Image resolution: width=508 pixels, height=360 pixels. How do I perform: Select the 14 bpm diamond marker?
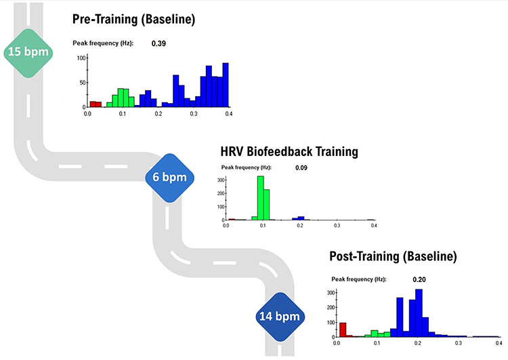[280, 315]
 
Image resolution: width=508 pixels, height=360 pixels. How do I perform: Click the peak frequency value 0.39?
[159, 43]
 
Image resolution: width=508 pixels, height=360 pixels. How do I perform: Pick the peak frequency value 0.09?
[301, 167]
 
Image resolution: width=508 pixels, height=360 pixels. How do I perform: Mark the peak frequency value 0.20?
[419, 279]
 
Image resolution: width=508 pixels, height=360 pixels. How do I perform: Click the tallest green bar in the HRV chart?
[260, 198]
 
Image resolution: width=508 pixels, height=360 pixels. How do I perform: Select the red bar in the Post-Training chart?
[343, 329]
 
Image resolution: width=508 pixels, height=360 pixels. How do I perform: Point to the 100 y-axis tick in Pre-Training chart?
[80, 58]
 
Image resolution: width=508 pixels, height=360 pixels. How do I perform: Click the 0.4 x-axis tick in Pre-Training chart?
[228, 114]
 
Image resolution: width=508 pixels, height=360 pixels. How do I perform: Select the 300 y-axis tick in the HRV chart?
[221, 180]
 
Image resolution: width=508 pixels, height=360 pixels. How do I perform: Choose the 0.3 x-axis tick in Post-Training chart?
[459, 344]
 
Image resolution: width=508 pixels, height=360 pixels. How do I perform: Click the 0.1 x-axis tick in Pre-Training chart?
[123, 114]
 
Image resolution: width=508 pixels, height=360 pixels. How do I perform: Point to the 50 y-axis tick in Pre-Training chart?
[81, 83]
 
